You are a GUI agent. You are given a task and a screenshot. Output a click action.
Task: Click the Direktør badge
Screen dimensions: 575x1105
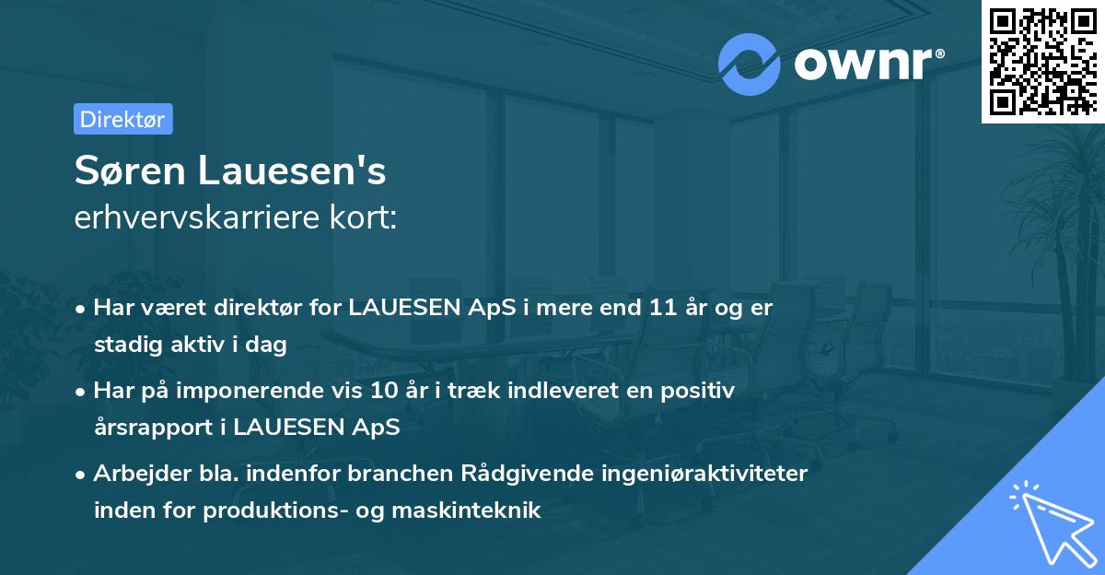coord(122,119)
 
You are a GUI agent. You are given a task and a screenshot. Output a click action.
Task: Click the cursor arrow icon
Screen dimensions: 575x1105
coord(1050,521)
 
